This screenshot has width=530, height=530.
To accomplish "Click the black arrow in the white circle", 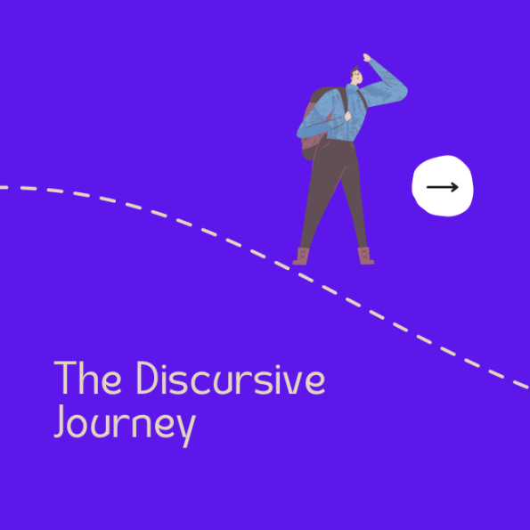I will pos(442,187).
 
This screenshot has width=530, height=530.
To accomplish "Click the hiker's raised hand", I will pos(366,58).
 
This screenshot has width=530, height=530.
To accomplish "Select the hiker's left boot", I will pos(303,257).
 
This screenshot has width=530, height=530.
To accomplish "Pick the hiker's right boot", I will pos(365,257).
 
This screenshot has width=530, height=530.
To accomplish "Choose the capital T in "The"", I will pos(65,379).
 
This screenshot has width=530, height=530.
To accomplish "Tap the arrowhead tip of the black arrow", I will pos(458,187).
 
